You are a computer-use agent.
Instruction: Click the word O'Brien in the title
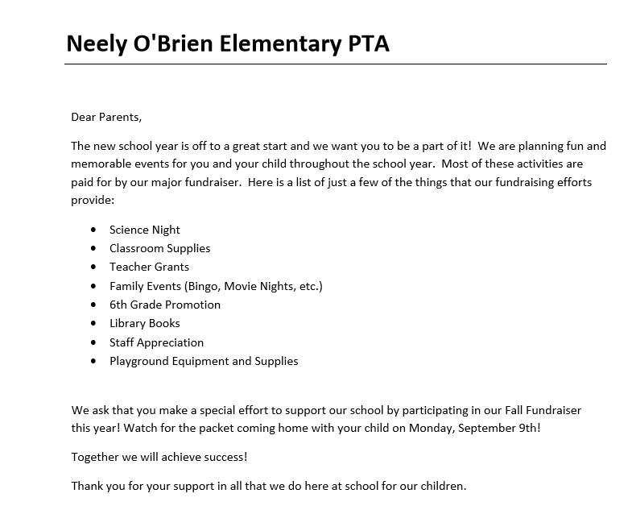(x=170, y=44)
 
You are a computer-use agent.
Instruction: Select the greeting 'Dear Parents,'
(x=106, y=117)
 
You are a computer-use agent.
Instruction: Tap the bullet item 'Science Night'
(x=145, y=230)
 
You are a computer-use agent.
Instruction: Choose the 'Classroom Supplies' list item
(x=160, y=248)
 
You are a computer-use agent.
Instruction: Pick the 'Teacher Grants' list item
(x=150, y=267)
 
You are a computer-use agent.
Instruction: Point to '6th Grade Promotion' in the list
(x=165, y=305)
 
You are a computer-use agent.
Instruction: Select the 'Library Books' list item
(x=145, y=323)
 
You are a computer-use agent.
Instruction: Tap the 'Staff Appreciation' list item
(x=157, y=342)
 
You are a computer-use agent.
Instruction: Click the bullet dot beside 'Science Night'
(x=94, y=230)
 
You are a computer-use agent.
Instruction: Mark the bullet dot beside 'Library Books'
(x=94, y=324)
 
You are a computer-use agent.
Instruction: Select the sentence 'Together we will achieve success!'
(x=159, y=457)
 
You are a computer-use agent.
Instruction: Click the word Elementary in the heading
(x=275, y=44)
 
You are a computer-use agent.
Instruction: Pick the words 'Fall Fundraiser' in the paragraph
(x=541, y=410)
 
